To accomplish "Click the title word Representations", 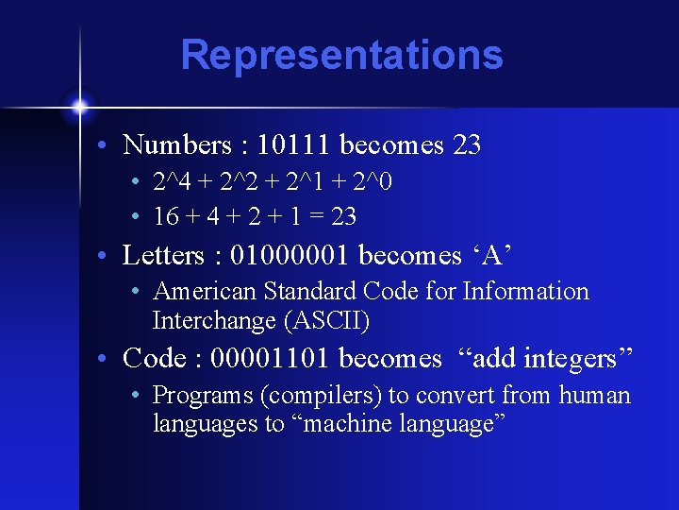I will pyautogui.click(x=341, y=55).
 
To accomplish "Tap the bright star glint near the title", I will pyautogui.click(x=80, y=104).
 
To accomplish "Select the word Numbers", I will pyautogui.click(x=177, y=145).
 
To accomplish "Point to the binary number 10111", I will pyautogui.click(x=293, y=145).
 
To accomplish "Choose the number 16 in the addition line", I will pyautogui.click(x=166, y=217).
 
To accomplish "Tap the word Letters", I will pyautogui.click(x=164, y=256).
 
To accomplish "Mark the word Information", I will pyautogui.click(x=524, y=292).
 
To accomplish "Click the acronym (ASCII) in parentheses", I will pyautogui.click(x=326, y=321).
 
